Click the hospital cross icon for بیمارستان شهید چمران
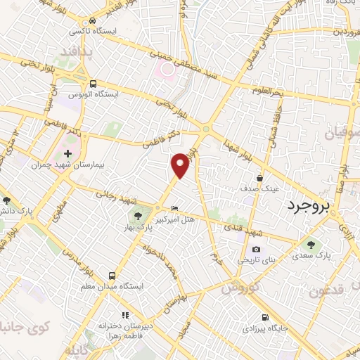coord(67,153)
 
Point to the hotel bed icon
coord(175,208)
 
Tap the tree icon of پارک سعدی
coord(311,245)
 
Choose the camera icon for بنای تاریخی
coord(256,249)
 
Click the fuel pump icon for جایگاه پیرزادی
coord(264,317)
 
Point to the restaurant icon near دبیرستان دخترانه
coord(124,314)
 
